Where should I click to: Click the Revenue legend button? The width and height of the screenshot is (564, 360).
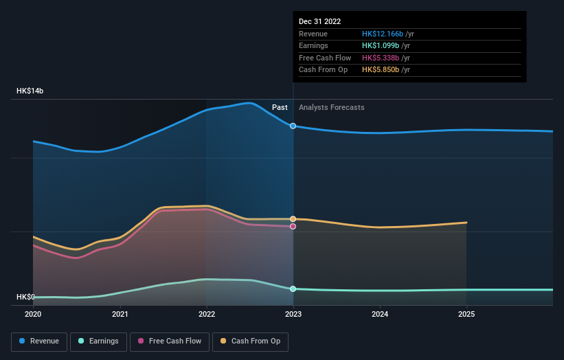click(40, 341)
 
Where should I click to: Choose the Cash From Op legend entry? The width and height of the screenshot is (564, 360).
click(251, 341)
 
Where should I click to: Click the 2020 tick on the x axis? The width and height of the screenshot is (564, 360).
click(33, 315)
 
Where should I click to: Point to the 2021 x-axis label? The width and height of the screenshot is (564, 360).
click(120, 315)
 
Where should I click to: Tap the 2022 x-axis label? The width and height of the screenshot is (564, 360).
click(206, 315)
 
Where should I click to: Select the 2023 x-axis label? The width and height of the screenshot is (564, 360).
click(293, 315)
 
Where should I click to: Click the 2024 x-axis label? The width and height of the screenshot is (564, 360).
click(380, 315)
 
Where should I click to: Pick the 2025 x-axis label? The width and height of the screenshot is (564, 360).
click(466, 315)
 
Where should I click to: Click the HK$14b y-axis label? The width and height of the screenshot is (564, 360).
click(30, 91)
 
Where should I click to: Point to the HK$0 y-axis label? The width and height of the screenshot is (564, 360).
click(25, 297)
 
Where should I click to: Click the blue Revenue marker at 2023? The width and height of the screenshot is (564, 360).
click(293, 126)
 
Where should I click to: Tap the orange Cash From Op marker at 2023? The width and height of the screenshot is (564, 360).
click(293, 218)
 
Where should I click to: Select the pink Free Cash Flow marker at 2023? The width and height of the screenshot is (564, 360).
click(293, 226)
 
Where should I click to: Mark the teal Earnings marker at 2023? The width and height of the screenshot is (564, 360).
click(293, 289)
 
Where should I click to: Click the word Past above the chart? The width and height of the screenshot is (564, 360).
click(280, 108)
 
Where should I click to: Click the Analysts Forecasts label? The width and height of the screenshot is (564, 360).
click(331, 108)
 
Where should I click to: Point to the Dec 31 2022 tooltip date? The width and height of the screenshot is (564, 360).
click(319, 22)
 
